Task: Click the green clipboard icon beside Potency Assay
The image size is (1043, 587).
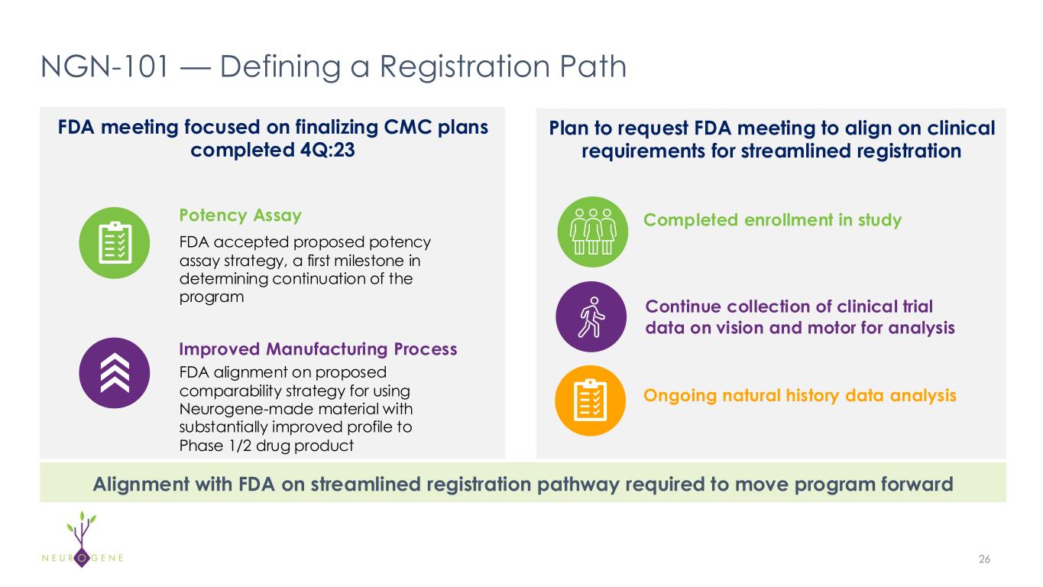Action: tap(115, 243)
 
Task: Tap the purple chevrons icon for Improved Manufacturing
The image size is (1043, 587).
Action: tap(115, 373)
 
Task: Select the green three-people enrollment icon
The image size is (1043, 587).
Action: tap(592, 231)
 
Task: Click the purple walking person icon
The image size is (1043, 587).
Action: tap(592, 317)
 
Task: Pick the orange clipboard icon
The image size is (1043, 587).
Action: tap(592, 401)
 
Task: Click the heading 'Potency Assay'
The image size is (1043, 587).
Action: tap(240, 215)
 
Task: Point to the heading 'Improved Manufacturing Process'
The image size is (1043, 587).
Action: tap(317, 349)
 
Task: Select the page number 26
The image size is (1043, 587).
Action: tap(984, 559)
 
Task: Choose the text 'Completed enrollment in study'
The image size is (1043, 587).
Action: tap(773, 220)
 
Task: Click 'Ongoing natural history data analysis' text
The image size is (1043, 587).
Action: tap(800, 396)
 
